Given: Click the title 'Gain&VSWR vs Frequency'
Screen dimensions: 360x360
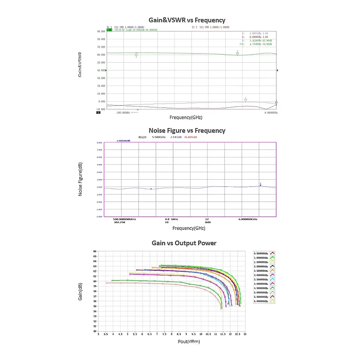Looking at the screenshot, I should click(x=187, y=20).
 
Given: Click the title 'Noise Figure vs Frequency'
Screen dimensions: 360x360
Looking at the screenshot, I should click(x=187, y=131).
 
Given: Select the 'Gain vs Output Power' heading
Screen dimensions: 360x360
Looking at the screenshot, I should click(x=184, y=243).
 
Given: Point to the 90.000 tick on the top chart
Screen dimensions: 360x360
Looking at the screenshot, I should click(x=101, y=31).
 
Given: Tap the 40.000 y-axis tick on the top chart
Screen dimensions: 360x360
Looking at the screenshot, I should click(x=101, y=70).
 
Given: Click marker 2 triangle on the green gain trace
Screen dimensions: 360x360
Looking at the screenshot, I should click(x=238, y=54).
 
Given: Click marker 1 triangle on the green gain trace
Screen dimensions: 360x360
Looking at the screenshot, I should click(x=136, y=55).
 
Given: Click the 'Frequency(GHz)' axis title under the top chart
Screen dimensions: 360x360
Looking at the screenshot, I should click(x=186, y=117).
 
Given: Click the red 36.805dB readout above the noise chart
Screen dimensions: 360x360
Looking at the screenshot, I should click(x=190, y=137).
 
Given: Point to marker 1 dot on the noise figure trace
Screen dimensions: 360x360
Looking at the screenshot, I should click(x=260, y=185).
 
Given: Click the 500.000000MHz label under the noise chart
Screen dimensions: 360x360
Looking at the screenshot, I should click(x=125, y=219).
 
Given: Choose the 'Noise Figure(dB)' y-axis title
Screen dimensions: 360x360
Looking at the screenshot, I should click(x=81, y=180).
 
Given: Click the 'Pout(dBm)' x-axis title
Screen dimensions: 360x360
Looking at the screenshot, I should click(x=189, y=341).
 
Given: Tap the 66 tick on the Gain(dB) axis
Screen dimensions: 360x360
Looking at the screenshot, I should click(x=95, y=251).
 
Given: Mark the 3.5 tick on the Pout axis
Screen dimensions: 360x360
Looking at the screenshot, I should click(x=106, y=334).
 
